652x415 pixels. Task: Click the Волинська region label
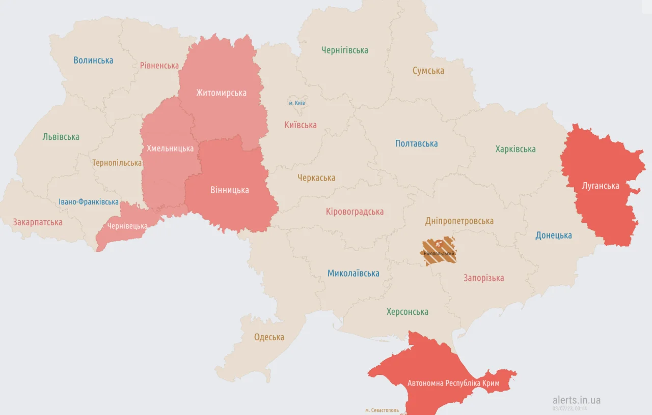point(93,60)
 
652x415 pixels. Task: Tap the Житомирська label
point(221,93)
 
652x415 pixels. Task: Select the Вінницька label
point(229,190)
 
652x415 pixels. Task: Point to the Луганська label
point(601,186)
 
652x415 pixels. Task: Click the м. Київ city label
point(296,103)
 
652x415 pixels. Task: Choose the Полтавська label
point(416,143)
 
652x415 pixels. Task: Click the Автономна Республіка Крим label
point(453,383)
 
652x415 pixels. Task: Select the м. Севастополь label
point(382,410)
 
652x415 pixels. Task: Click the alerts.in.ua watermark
point(576,400)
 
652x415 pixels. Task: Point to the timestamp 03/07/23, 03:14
point(570,408)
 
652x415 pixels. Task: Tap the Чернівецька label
point(127,226)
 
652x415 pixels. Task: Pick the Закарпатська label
point(38,222)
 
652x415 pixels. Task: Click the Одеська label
point(269,337)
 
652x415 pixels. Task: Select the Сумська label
point(428,71)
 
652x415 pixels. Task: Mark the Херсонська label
point(407,312)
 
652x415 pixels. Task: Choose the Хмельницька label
point(170,149)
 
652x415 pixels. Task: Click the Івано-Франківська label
point(89,202)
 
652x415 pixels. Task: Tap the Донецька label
point(553,235)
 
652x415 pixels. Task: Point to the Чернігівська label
point(344,50)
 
